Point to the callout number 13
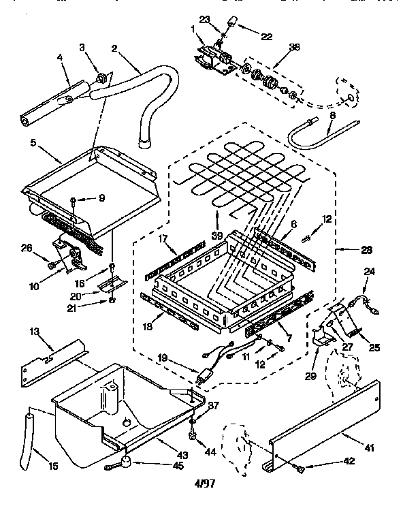34,331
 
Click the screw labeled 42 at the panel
300,468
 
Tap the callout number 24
370,270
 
